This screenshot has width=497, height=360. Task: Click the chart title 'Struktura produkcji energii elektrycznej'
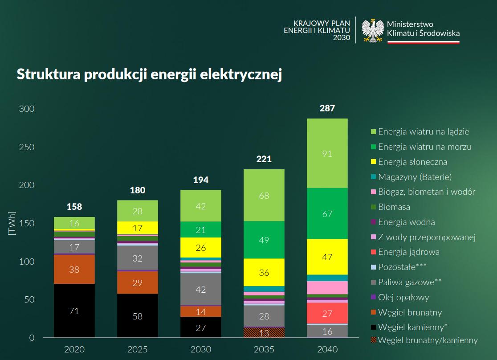click(x=149, y=75)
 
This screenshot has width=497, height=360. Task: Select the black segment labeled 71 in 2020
click(x=74, y=311)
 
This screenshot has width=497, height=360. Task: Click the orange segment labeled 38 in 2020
click(x=74, y=269)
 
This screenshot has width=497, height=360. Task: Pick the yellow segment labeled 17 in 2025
click(x=138, y=228)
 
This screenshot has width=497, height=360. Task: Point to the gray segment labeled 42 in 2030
click(x=201, y=289)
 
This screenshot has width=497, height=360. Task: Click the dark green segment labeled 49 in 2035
click(x=264, y=240)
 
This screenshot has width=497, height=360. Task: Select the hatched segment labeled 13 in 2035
click(x=264, y=332)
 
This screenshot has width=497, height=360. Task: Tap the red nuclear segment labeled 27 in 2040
click(x=327, y=313)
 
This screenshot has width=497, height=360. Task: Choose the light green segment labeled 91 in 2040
click(x=327, y=153)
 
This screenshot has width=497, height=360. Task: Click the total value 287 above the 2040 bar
click(x=327, y=108)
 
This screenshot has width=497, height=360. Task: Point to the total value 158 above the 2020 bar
click(x=74, y=207)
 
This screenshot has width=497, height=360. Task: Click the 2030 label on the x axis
click(x=201, y=349)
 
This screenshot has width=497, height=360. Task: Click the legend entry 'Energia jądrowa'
click(x=408, y=252)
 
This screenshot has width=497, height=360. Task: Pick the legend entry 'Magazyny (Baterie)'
click(x=415, y=177)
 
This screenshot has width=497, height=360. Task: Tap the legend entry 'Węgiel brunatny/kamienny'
click(x=428, y=340)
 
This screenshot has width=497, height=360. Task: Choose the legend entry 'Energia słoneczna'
click(x=412, y=162)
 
